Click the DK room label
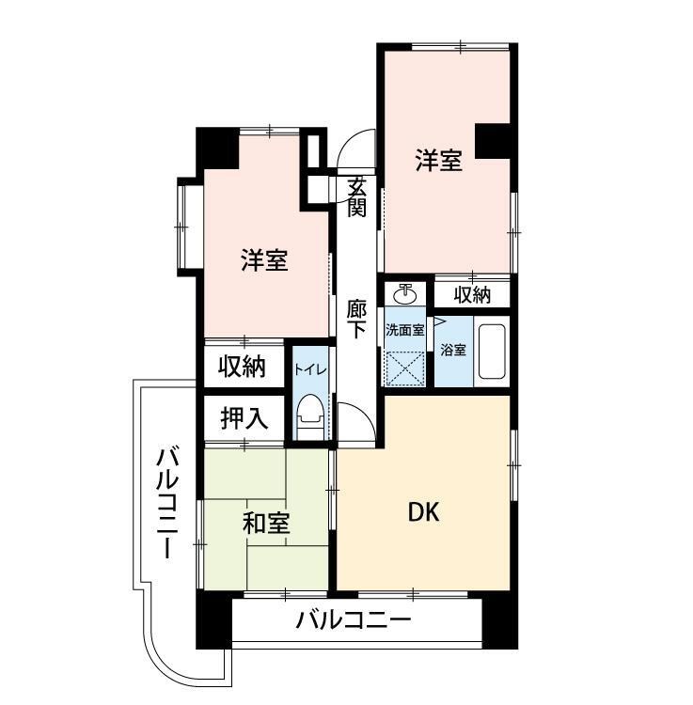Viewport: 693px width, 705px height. [x=423, y=512]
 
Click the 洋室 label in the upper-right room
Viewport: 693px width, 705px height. [x=439, y=162]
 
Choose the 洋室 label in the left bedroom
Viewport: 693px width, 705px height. [x=263, y=260]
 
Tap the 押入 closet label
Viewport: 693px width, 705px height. [x=244, y=417]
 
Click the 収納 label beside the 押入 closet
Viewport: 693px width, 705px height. [x=243, y=367]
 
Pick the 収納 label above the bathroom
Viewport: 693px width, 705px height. [x=473, y=294]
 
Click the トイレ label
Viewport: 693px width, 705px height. [x=310, y=369]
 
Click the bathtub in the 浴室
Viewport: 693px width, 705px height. [x=493, y=352]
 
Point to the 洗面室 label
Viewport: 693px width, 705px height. [x=403, y=330]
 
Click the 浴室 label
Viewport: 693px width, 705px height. [x=453, y=350]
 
